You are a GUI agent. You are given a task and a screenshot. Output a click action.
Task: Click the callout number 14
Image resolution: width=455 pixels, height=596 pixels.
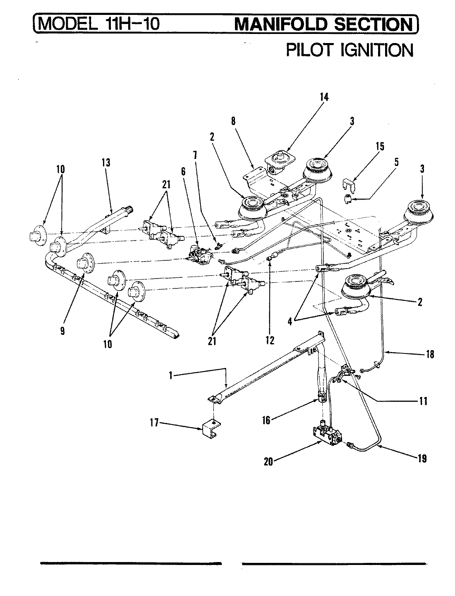[x=324, y=97]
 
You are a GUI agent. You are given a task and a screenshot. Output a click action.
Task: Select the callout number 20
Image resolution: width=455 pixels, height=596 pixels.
[x=268, y=461]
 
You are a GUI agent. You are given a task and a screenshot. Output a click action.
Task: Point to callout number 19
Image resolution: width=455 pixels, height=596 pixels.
[x=421, y=459]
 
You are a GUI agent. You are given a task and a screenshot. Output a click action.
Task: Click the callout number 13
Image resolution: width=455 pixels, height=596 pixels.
[x=106, y=163]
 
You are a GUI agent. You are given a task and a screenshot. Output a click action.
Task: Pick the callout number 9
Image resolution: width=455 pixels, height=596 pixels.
[x=62, y=332]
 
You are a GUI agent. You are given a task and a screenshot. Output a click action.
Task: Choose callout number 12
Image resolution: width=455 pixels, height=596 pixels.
[x=270, y=340]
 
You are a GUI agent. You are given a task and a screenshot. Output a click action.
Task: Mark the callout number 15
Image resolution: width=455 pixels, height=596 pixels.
[x=380, y=146]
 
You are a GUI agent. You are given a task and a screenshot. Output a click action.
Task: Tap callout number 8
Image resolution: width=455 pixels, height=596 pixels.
[x=233, y=121]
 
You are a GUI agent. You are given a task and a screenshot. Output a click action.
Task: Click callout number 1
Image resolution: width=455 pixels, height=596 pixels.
[x=170, y=375]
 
